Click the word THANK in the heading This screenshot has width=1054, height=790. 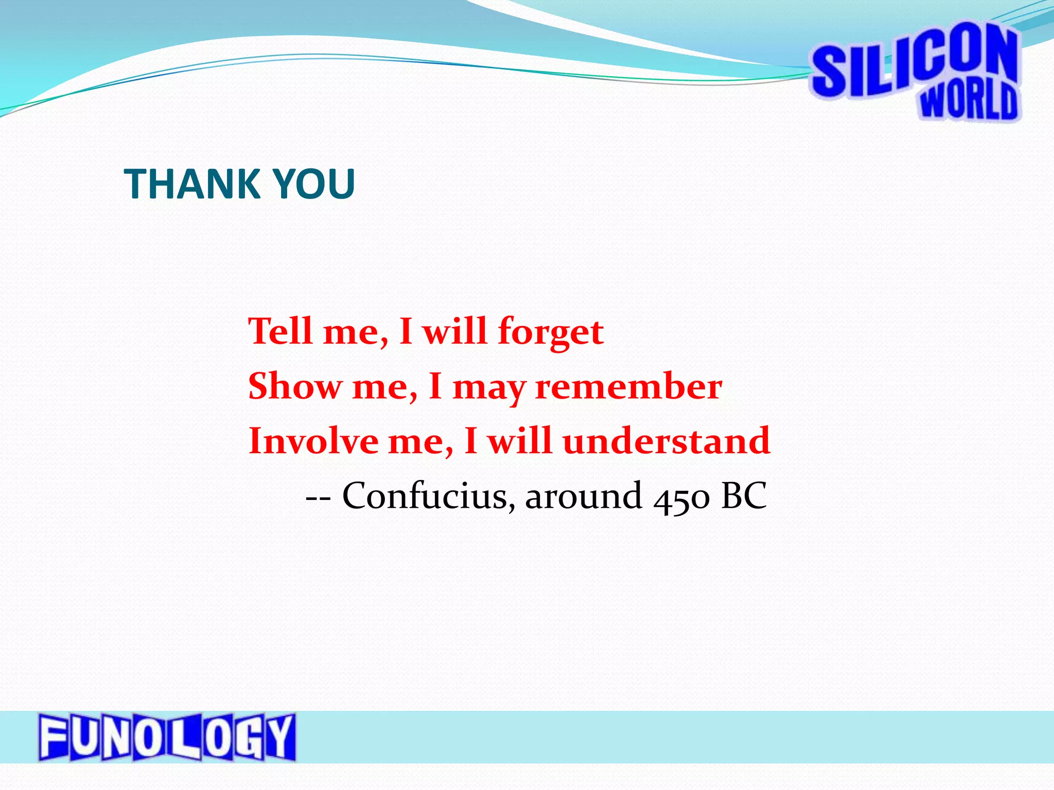[191, 184]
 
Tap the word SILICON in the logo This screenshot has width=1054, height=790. [914, 64]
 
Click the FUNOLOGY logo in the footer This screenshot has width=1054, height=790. [167, 737]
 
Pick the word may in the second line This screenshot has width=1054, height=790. [489, 389]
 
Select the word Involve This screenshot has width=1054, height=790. [313, 441]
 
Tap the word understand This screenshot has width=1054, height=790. [666, 441]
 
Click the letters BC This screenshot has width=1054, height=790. [744, 496]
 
